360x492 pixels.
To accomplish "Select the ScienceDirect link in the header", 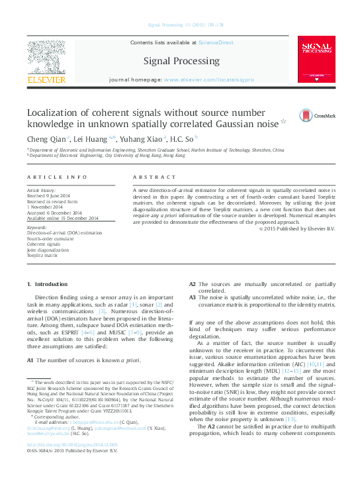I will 217,42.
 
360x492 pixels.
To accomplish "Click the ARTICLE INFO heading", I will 57,177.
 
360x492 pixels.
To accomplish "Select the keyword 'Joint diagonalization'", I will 48,250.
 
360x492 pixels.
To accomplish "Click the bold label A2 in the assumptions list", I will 193,284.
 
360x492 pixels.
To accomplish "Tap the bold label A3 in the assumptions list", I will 193,297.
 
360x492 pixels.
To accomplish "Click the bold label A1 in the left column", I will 30,360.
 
